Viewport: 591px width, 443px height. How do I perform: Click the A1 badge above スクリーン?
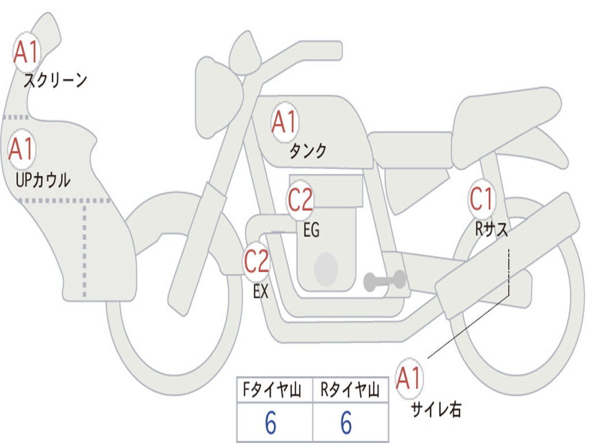click(x=27, y=52)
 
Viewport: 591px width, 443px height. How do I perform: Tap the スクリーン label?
click(x=55, y=80)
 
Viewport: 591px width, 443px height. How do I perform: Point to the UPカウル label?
click(x=43, y=180)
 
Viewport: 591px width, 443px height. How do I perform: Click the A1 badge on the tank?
click(x=285, y=122)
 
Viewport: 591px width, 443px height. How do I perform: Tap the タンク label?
click(x=308, y=151)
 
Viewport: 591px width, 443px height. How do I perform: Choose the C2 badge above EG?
click(x=300, y=200)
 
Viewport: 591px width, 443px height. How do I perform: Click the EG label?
click(x=311, y=230)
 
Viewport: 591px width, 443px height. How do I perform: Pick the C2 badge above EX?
click(x=257, y=261)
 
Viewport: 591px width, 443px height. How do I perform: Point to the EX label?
click(x=261, y=291)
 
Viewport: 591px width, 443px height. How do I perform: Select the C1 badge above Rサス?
click(x=482, y=198)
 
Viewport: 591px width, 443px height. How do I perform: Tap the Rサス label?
click(x=491, y=228)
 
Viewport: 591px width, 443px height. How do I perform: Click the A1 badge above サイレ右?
click(x=409, y=378)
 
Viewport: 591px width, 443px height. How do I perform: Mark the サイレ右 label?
click(x=436, y=410)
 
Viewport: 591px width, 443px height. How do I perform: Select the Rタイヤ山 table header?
click(x=350, y=389)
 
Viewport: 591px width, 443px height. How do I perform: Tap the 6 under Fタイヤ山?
click(x=271, y=423)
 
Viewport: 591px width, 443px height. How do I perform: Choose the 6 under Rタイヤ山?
click(x=346, y=423)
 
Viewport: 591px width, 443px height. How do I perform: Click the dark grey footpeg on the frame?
click(x=384, y=281)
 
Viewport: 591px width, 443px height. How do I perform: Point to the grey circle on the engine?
click(x=326, y=269)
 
